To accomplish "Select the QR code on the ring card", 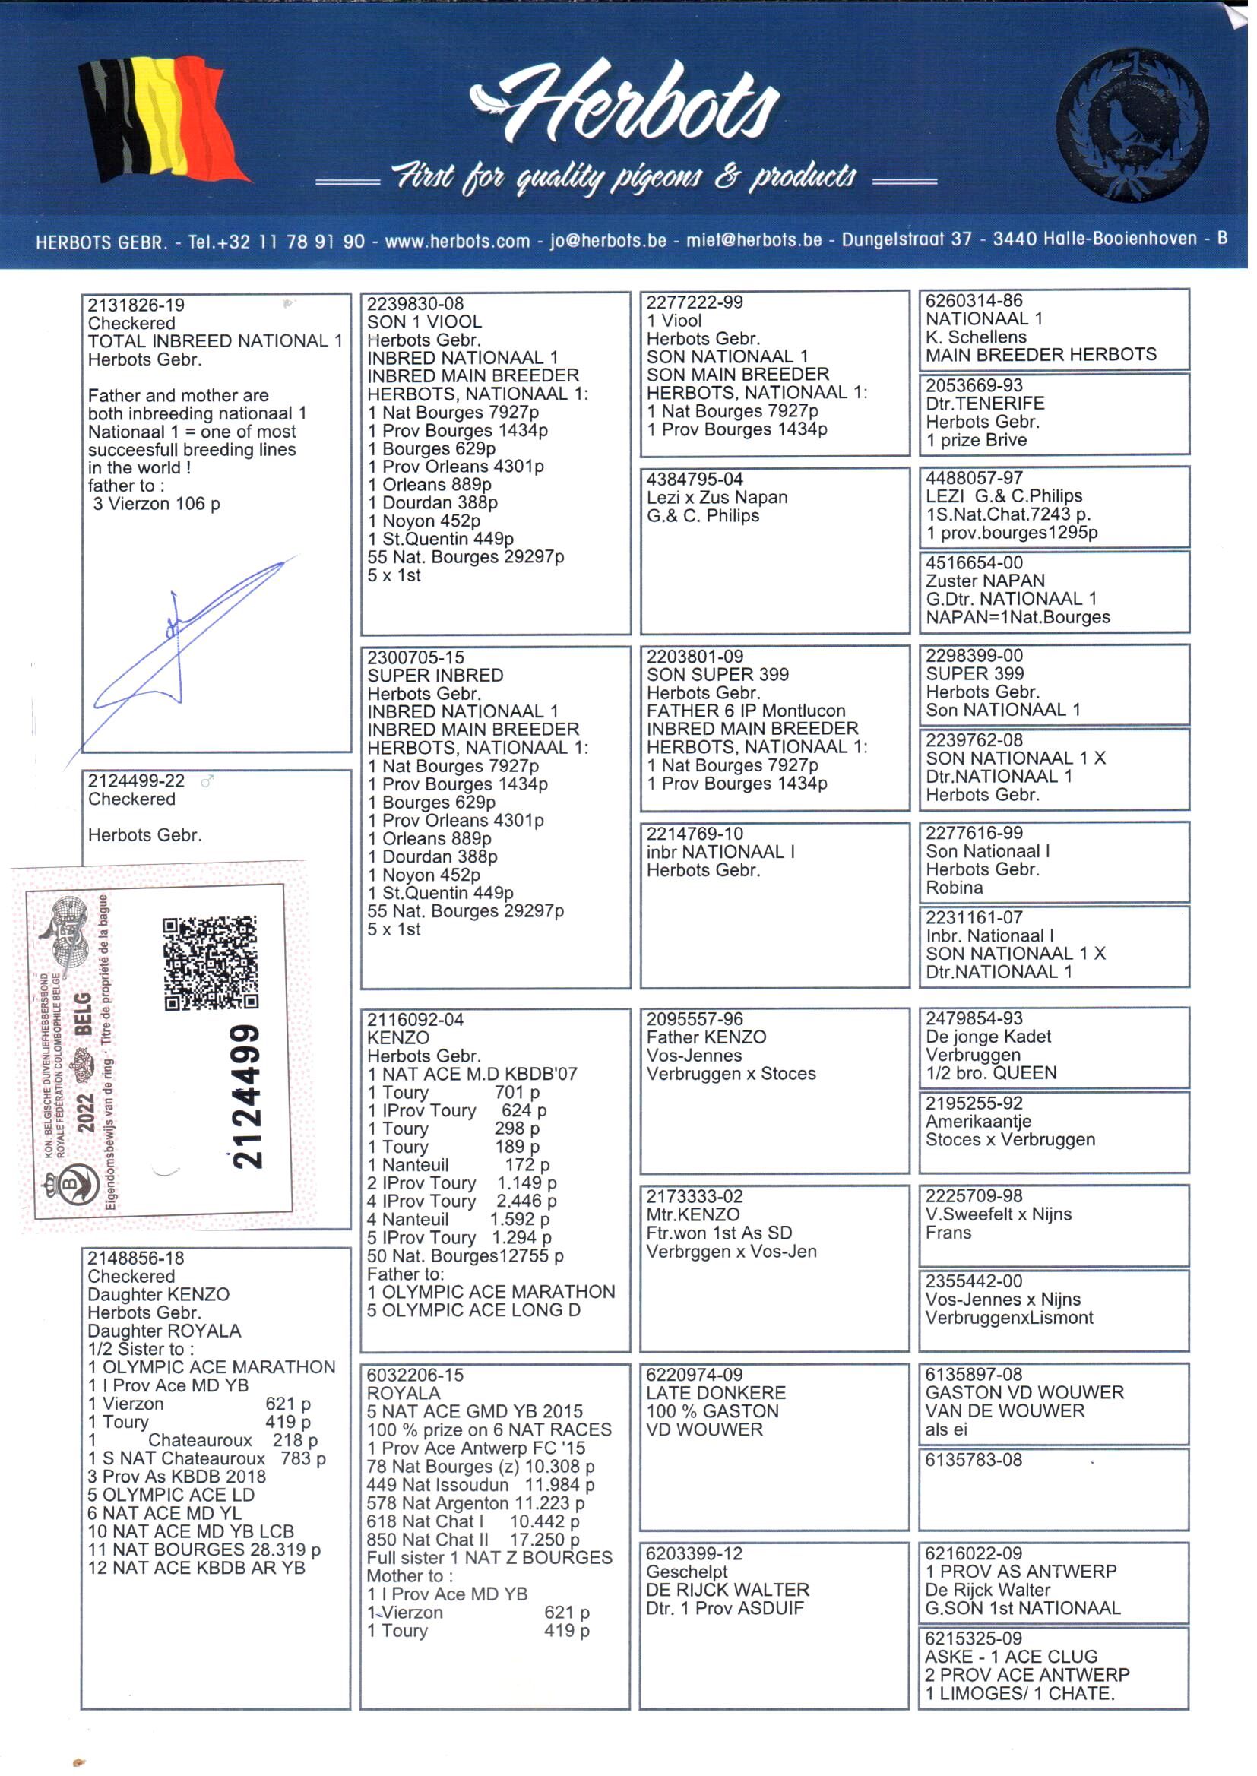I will [210, 963].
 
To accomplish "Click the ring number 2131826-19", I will [136, 305].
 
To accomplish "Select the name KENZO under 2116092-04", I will [399, 1038].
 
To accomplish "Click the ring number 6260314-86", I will [974, 300].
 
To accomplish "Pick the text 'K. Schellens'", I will [976, 337].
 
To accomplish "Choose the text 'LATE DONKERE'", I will [716, 1392].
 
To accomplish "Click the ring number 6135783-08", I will [974, 1460].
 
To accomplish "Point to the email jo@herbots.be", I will [608, 241].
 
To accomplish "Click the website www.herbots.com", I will [457, 242].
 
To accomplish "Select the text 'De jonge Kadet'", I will [989, 1037].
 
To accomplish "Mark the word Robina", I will [955, 888].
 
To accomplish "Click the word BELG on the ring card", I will [84, 1014].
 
